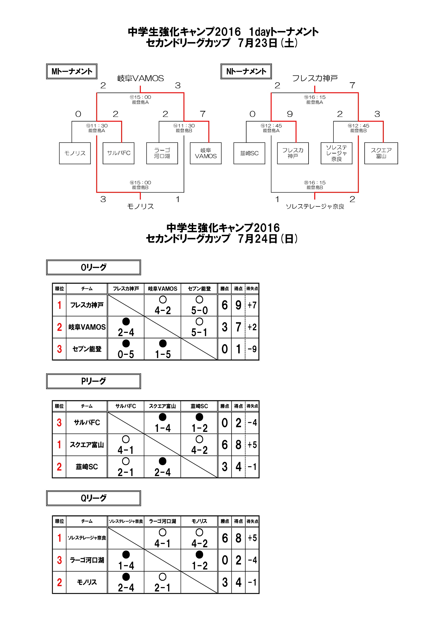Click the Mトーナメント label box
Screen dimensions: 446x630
coord(72,71)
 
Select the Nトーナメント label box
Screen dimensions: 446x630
coord(246,71)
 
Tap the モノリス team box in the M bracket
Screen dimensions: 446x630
coord(75,153)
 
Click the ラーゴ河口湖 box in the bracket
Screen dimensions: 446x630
coord(162,153)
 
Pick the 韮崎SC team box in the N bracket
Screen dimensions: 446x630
coord(249,153)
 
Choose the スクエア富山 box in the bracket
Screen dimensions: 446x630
coord(381,153)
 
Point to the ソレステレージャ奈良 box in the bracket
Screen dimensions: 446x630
coord(336,153)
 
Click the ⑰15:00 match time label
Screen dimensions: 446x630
coord(140,97)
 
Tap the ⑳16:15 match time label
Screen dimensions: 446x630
coord(315,183)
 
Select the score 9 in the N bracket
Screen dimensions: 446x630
coord(290,114)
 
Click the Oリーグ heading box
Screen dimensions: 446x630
coord(93,267)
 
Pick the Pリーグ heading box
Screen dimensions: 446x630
coord(93,381)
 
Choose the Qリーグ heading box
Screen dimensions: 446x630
coord(93,498)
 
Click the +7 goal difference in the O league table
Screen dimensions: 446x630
coord(252,305)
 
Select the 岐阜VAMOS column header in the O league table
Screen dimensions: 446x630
coord(163,289)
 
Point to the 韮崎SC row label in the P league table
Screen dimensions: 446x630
coord(87,467)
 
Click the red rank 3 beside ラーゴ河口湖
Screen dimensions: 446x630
coord(59,560)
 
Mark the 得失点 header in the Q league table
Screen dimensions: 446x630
coord(252,521)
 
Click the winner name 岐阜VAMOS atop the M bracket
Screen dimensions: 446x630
coord(140,79)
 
